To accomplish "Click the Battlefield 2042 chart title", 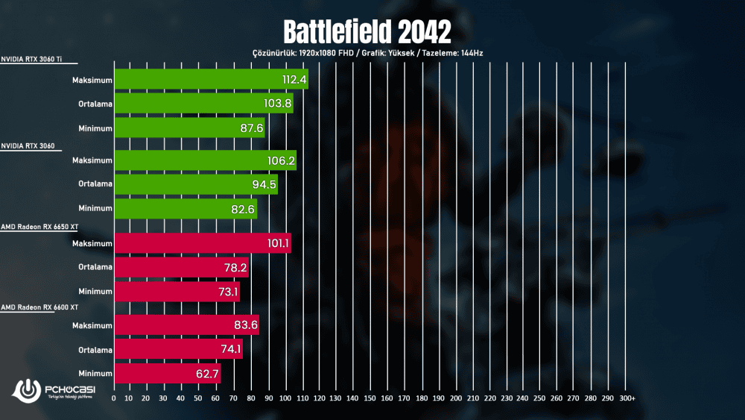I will (x=367, y=31).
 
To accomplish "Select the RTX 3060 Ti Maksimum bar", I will (x=211, y=79).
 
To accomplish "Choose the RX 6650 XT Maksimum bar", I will (x=202, y=244).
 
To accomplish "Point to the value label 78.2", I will (x=232, y=268).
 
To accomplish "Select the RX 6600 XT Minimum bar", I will (x=167, y=373).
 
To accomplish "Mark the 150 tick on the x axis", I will (x=370, y=399).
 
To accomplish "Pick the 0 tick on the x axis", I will (x=113, y=399).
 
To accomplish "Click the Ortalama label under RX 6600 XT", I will (x=95, y=349).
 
